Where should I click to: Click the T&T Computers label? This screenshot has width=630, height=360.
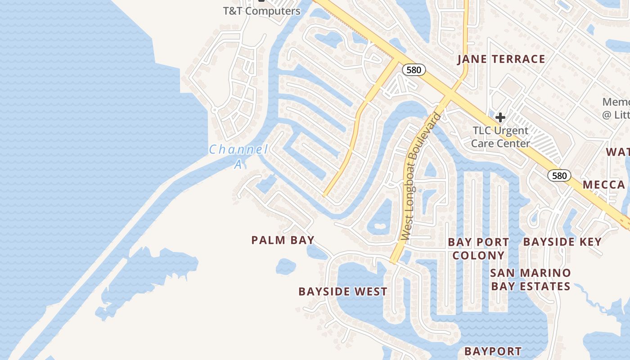point(261,11)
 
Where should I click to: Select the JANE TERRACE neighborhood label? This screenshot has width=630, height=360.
point(501,59)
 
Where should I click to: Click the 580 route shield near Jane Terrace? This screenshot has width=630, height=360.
point(414,69)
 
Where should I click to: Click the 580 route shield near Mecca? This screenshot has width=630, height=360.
point(559,175)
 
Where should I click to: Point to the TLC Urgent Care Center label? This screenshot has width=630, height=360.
point(500,137)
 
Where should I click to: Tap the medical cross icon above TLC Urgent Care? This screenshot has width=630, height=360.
point(500,117)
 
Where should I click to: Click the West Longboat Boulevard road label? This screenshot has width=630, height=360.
point(419,176)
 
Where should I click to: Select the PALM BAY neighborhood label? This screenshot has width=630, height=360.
point(283,240)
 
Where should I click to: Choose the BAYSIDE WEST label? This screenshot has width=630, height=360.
point(342,292)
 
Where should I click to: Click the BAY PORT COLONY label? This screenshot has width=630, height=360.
point(478,248)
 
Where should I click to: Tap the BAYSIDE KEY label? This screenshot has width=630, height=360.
point(562,242)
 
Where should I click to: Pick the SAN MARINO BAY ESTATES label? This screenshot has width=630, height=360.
point(531,279)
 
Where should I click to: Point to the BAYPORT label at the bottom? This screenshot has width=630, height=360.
point(493,351)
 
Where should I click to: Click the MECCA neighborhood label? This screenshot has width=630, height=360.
point(604,184)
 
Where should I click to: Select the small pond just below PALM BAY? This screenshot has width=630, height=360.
point(286,266)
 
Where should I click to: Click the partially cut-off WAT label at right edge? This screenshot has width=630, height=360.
point(617,152)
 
